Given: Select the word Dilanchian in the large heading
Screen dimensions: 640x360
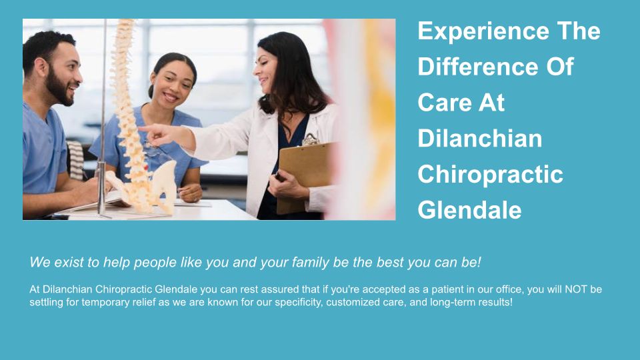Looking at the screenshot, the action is [479, 138].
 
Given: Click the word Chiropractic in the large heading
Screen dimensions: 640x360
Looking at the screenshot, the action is [490, 175].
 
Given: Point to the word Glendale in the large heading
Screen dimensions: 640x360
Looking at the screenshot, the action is [469, 210].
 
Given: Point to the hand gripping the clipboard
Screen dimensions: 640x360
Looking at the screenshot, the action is [287, 185].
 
